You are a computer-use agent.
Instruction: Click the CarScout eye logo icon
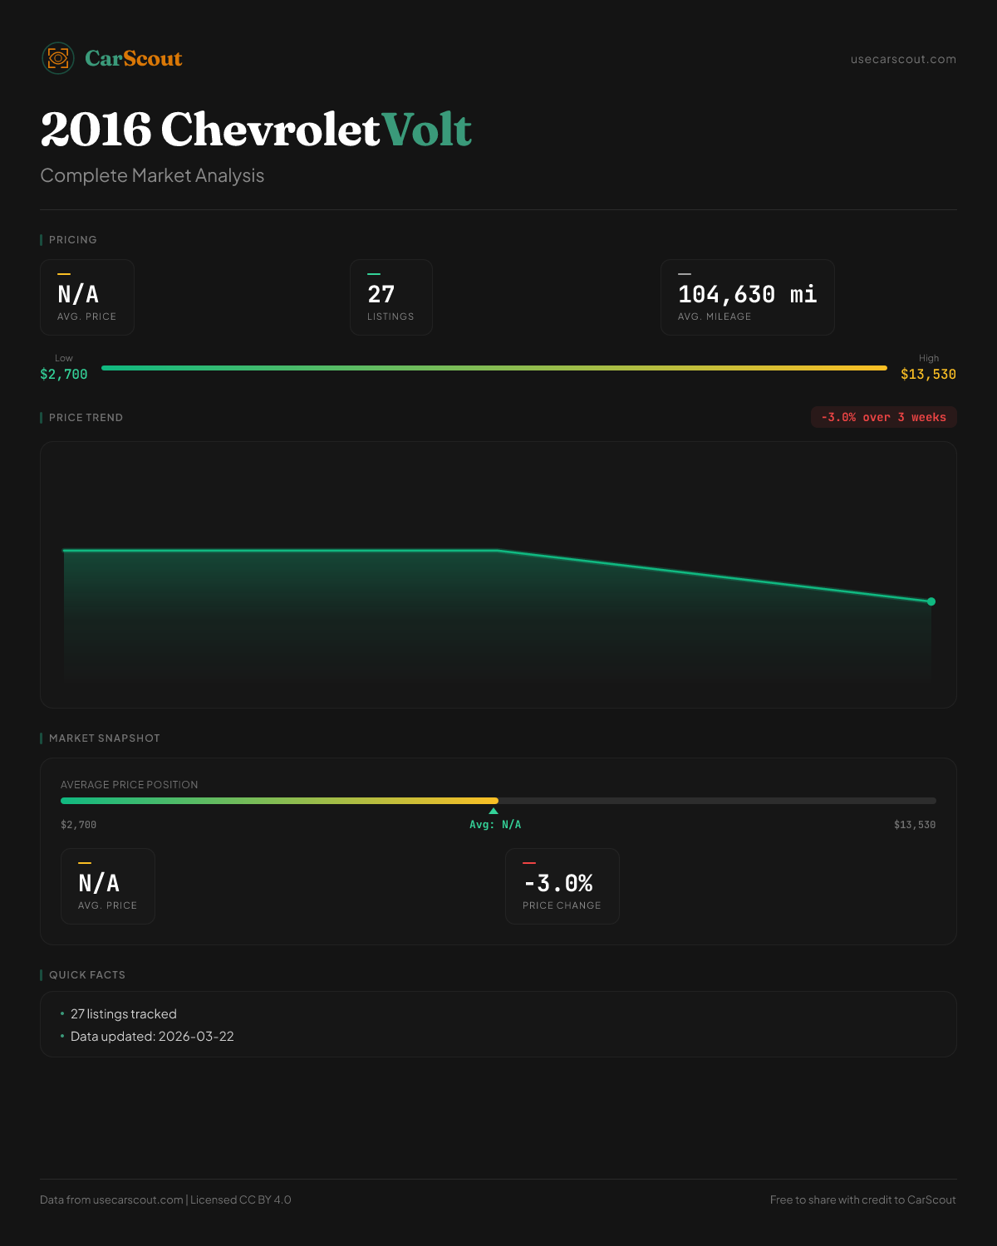(x=58, y=58)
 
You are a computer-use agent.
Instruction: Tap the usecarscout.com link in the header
(x=903, y=59)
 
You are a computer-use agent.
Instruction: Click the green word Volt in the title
(x=427, y=130)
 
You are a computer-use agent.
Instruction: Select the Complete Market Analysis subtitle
(x=152, y=175)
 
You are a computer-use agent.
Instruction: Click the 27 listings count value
(x=381, y=294)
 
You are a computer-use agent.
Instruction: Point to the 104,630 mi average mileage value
(x=747, y=294)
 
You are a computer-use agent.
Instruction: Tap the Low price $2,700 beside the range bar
(x=64, y=374)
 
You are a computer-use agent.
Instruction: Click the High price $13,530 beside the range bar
(x=928, y=374)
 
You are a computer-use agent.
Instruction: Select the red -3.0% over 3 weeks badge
(x=883, y=417)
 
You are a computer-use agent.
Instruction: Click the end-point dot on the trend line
(x=931, y=601)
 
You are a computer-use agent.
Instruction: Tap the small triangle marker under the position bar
(x=494, y=811)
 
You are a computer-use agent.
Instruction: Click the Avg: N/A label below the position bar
(x=495, y=825)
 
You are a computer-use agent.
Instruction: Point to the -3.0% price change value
(x=558, y=883)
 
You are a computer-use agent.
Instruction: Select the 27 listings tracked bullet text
(x=123, y=1013)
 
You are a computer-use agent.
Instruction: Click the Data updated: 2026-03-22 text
(x=152, y=1036)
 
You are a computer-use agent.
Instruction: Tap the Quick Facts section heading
(x=86, y=974)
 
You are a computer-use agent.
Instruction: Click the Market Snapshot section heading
(x=104, y=738)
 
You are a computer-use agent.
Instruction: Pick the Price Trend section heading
(x=86, y=417)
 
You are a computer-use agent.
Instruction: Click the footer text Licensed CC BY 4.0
(x=241, y=1199)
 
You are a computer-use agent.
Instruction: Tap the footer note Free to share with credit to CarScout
(x=862, y=1199)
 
